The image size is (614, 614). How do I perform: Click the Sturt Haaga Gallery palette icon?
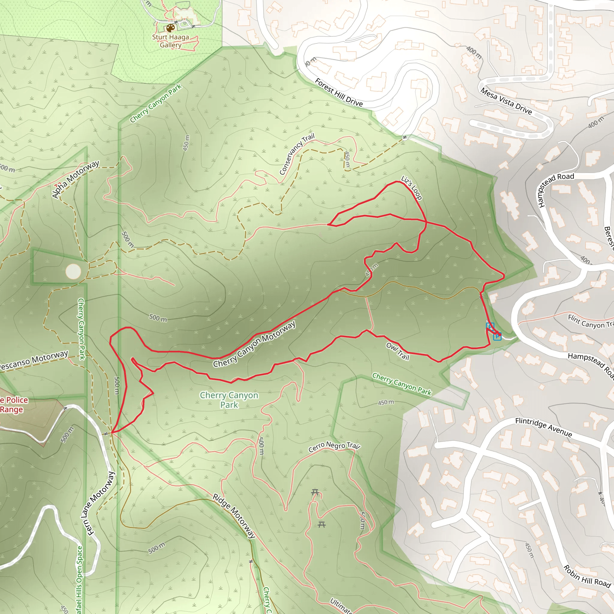[170, 28]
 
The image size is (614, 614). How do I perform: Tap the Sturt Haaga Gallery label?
[170, 41]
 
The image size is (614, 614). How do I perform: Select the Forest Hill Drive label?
[338, 92]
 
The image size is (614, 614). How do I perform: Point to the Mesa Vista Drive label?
[506, 101]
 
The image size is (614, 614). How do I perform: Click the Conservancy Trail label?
[297, 154]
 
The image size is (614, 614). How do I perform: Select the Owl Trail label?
[398, 351]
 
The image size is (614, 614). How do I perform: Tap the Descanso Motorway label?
[33, 360]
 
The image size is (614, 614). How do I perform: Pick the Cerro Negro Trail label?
[334, 446]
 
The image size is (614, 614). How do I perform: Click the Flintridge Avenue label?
[544, 428]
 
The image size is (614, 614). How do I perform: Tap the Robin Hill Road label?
[587, 576]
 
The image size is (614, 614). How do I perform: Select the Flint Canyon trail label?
[591, 322]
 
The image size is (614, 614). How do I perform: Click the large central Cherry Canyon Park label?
[229, 400]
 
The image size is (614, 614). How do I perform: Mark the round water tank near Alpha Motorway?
[73, 271]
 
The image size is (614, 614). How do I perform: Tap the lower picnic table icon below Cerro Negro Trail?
[322, 524]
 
